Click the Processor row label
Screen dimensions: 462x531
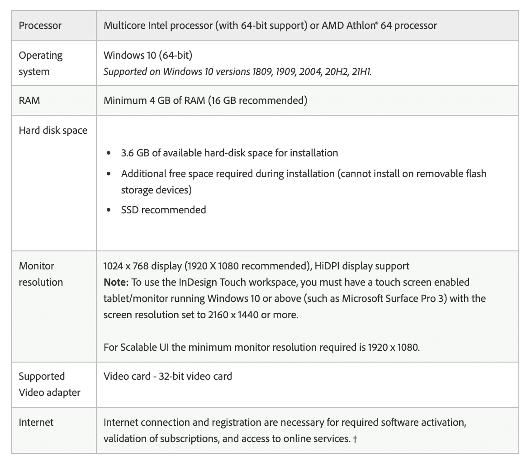coord(40,25)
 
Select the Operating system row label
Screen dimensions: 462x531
coord(41,63)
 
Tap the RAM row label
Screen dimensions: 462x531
coord(29,100)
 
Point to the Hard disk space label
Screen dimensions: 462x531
coord(53,131)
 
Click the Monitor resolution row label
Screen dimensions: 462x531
coord(41,274)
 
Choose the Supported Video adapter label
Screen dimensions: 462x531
coord(49,384)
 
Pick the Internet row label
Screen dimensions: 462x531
coord(36,422)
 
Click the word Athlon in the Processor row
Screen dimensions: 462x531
coord(360,25)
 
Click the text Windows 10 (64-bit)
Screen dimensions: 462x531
coord(148,55)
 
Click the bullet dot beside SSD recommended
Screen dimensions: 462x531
coord(109,210)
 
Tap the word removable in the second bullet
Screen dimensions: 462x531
coord(439,174)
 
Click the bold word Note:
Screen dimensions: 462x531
coord(116,282)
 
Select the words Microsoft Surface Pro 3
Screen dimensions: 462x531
coord(393,298)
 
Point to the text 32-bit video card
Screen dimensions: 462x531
coord(195,376)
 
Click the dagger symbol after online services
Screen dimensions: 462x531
coord(355,439)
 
